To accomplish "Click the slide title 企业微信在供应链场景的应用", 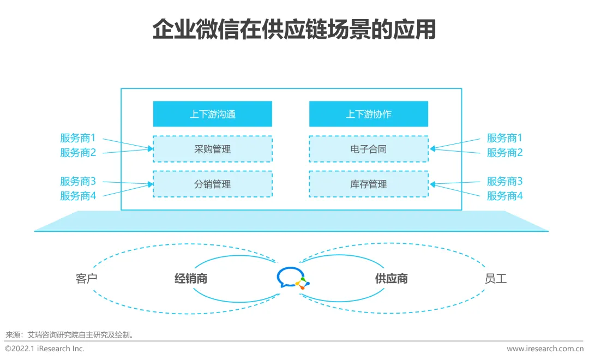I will tap(294, 30).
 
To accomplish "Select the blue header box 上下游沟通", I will tap(213, 114).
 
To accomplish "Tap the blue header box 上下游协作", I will tap(369, 114).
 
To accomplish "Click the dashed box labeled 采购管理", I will tap(213, 149).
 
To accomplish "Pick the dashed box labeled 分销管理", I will tap(213, 184).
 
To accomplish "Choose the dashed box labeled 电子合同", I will tap(369, 149).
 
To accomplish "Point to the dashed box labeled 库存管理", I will tap(369, 184).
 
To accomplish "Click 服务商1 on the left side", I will tap(78, 138).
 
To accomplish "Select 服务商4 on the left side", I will tap(78, 196).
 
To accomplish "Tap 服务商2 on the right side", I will tap(504, 153).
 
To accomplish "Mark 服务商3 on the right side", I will tap(504, 181).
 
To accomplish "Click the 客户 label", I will tap(86, 279).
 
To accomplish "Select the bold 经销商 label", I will tap(191, 279).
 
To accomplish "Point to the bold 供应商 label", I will tap(391, 279).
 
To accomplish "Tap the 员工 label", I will tap(495, 279).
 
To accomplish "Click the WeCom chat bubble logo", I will tap(292, 278).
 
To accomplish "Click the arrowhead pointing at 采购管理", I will tap(150, 148).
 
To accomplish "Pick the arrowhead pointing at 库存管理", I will tap(432, 184).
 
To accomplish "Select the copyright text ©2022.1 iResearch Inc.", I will tap(45, 349).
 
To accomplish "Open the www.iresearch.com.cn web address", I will tap(545, 349).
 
